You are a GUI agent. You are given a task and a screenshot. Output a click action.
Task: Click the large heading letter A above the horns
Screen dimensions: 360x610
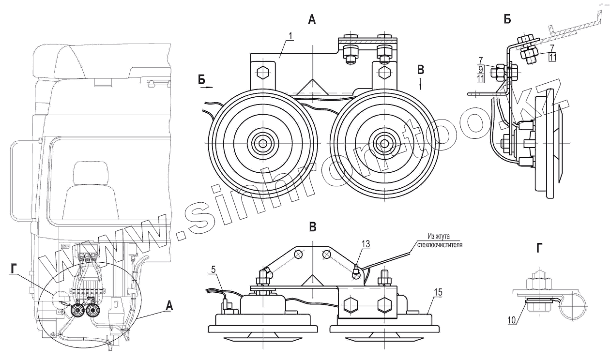[x=312, y=20]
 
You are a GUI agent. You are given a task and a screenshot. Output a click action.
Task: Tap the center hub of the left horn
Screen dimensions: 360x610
[x=263, y=143]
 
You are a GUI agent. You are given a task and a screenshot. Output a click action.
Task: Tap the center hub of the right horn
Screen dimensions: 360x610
[x=384, y=143]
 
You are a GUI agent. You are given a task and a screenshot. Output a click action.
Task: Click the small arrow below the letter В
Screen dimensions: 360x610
[x=420, y=84]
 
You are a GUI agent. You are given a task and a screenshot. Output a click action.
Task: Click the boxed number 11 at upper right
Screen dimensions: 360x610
[x=553, y=57]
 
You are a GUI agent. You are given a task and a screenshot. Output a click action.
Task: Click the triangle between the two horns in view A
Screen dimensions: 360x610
[x=312, y=88]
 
